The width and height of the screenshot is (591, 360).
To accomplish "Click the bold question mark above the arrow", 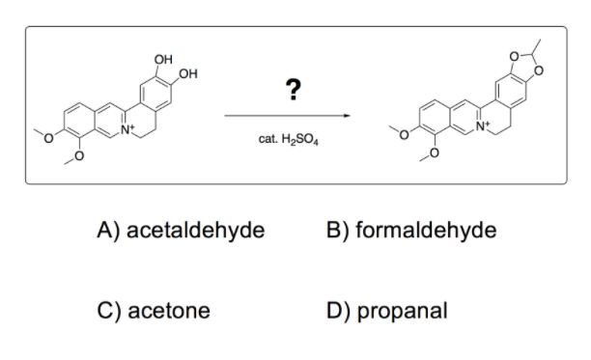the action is (294, 89).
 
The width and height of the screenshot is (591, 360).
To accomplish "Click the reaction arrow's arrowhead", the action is (347, 116).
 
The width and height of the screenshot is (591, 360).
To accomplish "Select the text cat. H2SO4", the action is (289, 139).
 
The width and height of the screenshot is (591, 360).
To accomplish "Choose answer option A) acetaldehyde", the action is (181, 230).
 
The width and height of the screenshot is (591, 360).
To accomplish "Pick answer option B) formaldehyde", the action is (411, 230).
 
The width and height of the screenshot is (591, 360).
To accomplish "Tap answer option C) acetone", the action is (154, 310).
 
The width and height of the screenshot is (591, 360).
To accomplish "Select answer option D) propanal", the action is (387, 311).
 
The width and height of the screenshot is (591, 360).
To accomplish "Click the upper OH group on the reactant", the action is (163, 60).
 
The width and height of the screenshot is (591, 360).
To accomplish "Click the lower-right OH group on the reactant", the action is (188, 73).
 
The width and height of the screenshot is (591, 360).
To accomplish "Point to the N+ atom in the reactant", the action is (127, 129).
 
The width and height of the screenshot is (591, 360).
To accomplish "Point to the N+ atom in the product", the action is (483, 125).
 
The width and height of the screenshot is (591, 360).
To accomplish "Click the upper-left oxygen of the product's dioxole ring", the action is (514, 57).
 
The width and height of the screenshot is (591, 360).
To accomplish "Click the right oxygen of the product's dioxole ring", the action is (539, 70).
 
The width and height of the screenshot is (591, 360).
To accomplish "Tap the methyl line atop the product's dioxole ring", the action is (536, 47).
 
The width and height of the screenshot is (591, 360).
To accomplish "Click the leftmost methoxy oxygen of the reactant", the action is (48, 139).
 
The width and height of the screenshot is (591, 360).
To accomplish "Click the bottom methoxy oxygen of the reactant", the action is (78, 155).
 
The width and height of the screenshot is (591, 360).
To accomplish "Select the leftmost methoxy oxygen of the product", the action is (404, 135).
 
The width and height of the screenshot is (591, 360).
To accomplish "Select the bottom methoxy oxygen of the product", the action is (434, 152).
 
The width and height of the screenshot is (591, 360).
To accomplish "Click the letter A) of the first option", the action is (108, 230).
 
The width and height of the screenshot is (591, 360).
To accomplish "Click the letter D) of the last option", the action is (338, 311).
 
